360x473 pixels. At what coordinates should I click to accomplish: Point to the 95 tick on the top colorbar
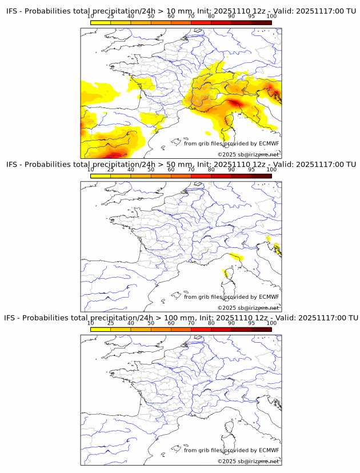pyautogui.click(x=251, y=16)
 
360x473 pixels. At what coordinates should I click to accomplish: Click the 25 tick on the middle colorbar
pyautogui.click(x=110, y=169)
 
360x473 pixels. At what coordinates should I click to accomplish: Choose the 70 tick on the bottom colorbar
pyautogui.click(x=191, y=322)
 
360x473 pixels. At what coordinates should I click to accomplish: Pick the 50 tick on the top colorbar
pyautogui.click(x=151, y=16)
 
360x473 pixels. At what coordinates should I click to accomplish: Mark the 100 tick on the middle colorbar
pyautogui.click(x=271, y=169)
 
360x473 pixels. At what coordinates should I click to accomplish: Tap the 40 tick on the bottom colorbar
pyautogui.click(x=131, y=322)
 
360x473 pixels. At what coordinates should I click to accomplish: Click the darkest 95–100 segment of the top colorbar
pyautogui.click(x=261, y=22)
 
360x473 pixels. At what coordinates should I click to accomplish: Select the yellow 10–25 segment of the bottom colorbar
pyautogui.click(x=100, y=329)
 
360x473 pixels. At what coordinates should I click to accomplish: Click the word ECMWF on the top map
pyautogui.click(x=269, y=144)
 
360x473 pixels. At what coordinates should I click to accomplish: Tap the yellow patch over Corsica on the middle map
pyautogui.click(x=227, y=275)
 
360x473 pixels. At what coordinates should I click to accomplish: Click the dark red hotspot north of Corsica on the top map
pyautogui.click(x=234, y=103)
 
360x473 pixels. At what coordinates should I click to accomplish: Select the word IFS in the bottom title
pyautogui.click(x=11, y=318)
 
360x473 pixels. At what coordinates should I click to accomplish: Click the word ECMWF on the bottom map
pyautogui.click(x=269, y=450)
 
